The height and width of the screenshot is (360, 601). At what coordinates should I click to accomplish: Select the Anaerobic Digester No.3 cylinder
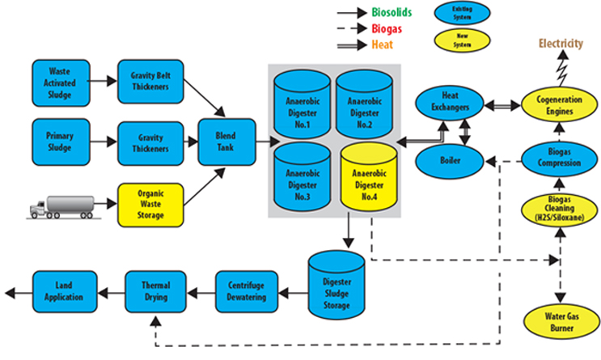pyautogui.click(x=302, y=178)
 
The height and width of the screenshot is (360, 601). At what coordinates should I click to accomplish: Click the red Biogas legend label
pyautogui.click(x=387, y=29)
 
